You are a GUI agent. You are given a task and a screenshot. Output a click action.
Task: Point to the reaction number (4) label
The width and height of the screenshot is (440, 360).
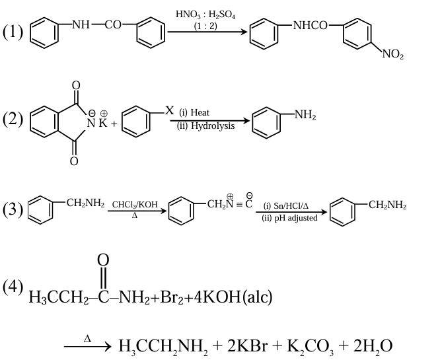(x=13, y=287)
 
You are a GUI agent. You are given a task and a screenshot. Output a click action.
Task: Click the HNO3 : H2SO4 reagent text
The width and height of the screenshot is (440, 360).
(x=202, y=15)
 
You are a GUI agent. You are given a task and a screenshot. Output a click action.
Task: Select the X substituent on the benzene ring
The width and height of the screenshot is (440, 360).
(x=169, y=108)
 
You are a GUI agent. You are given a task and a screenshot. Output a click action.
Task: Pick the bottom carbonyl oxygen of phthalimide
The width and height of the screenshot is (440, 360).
(x=75, y=160)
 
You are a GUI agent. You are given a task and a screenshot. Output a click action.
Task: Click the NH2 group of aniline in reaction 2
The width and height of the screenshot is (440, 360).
(x=305, y=116)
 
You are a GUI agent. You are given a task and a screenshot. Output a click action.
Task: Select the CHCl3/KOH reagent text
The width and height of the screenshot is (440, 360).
(x=135, y=205)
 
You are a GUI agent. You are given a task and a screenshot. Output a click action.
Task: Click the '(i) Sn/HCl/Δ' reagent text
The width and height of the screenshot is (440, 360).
(x=286, y=206)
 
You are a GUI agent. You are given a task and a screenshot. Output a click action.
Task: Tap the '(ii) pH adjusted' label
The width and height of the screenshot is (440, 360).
(x=289, y=218)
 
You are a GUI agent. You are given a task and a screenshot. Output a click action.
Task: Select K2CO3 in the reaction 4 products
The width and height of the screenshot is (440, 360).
(x=311, y=345)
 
